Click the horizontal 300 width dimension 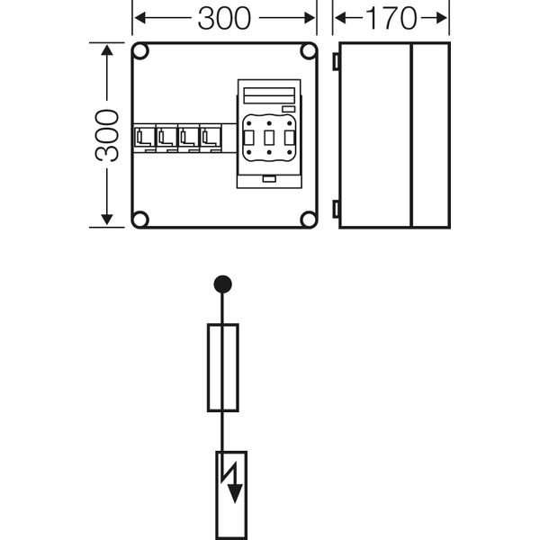pyautogui.click(x=224, y=18)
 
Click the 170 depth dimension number pyautogui.click(x=391, y=18)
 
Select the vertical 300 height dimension pyautogui.click(x=107, y=135)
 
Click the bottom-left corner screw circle pyautogui.click(x=140, y=219)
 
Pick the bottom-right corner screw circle pyautogui.click(x=308, y=219)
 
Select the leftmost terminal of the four pyautogui.click(x=145, y=138)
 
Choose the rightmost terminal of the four pyautogui.click(x=211, y=138)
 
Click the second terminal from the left pyautogui.click(x=166, y=138)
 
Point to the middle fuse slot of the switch pyautogui.click(x=268, y=138)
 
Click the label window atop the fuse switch pyautogui.click(x=267, y=95)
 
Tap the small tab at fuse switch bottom pyautogui.click(x=268, y=180)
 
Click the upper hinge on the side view pyautogui.click(x=336, y=61)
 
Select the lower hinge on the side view pyautogui.click(x=336, y=209)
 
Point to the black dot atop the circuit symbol pyautogui.click(x=222, y=285)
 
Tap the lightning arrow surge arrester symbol pyautogui.click(x=231, y=486)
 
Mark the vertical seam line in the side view pyautogui.click(x=410, y=135)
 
